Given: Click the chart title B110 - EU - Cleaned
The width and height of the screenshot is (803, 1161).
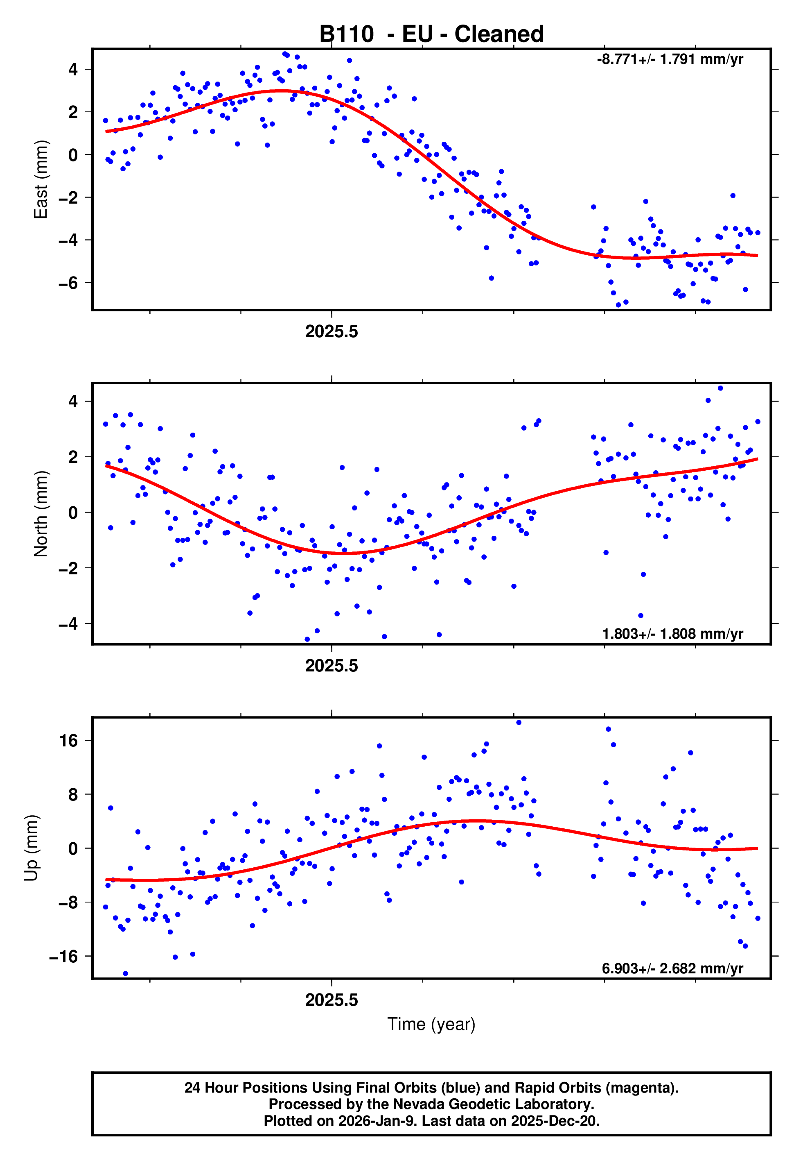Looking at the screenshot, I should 431,34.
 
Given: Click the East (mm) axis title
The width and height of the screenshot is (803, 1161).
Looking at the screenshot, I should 40,179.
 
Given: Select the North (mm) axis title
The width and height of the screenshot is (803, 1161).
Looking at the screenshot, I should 40,514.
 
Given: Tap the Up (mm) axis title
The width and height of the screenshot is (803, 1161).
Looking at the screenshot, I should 31,848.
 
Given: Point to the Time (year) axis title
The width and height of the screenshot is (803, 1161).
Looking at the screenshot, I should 431,1025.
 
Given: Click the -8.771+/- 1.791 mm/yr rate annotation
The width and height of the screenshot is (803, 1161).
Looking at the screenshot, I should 670,59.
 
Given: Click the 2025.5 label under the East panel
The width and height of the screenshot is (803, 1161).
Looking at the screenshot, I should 332,332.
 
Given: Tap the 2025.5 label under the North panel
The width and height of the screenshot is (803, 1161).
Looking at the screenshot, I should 332,666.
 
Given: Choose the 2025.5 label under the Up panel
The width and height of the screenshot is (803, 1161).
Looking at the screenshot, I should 332,1000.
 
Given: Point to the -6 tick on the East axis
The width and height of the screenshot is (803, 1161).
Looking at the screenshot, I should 68,283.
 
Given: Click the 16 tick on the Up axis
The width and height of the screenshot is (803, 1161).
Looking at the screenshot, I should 69,741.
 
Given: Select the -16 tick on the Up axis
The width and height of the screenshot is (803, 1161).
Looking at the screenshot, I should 64,956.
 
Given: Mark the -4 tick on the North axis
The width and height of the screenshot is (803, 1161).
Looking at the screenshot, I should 68,624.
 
